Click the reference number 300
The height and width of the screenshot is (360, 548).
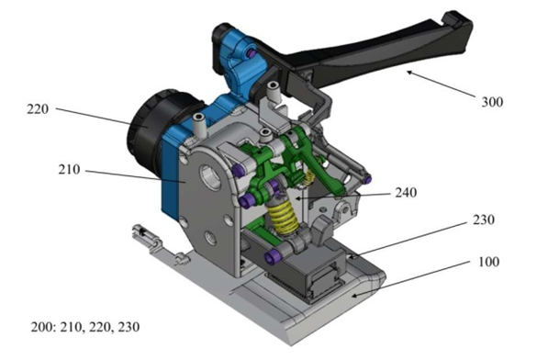(492, 102)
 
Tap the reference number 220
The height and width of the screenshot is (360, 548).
(38, 109)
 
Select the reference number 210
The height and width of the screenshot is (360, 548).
(69, 170)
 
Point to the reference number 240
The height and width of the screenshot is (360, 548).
(406, 193)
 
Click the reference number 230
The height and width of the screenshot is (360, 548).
(484, 219)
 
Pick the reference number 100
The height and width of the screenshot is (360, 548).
(488, 262)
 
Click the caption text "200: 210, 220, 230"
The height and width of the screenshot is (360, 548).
(85, 327)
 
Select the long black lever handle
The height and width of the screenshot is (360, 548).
(377, 56)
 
